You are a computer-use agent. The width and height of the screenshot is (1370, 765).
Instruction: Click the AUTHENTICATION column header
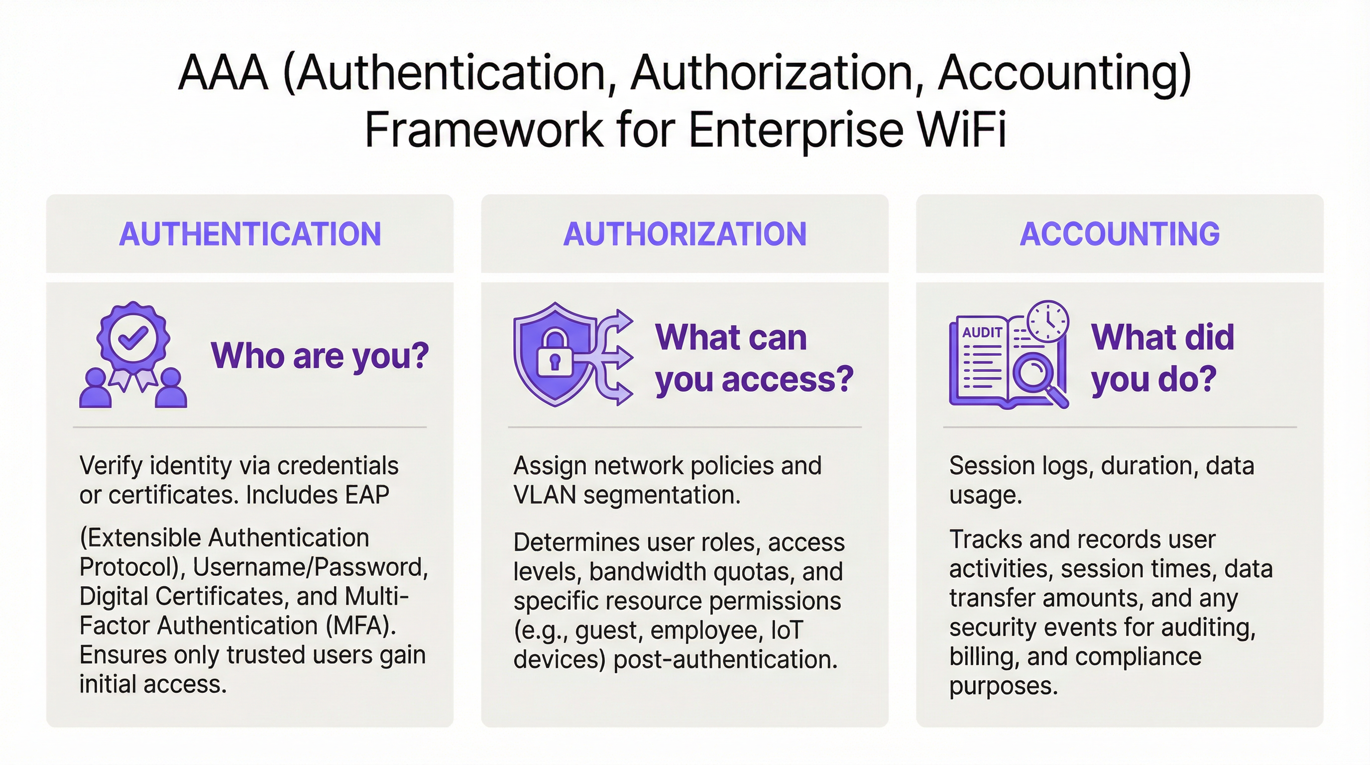click(x=250, y=234)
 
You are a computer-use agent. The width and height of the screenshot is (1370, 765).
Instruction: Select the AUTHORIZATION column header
click(x=685, y=234)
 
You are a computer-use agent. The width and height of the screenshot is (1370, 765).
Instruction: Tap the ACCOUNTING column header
click(x=1120, y=234)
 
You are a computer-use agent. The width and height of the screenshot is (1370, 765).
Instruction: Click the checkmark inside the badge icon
click(x=133, y=337)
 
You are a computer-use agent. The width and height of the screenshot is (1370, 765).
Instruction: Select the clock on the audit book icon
click(x=1048, y=321)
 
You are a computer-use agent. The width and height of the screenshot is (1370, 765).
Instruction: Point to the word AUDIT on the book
click(x=982, y=333)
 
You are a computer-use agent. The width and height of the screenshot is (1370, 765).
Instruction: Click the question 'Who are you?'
click(x=320, y=356)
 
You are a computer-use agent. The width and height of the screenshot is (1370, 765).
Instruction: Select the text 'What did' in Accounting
click(x=1162, y=337)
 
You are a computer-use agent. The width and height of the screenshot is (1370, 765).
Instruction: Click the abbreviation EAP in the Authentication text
click(x=367, y=495)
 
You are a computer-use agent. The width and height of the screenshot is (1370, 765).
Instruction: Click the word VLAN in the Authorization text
click(x=545, y=495)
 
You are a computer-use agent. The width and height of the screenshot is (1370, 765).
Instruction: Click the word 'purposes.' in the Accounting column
click(x=1004, y=686)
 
